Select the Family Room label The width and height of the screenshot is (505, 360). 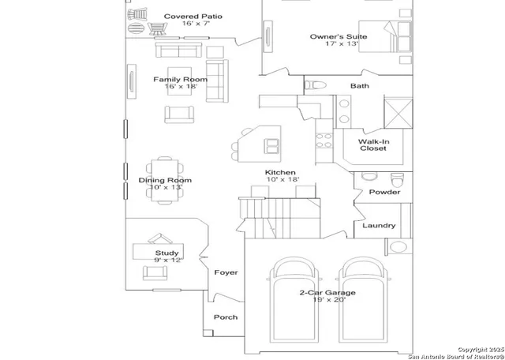coord(180,80)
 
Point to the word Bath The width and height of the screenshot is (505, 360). coord(360,86)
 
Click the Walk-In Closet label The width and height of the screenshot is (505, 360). coord(374,144)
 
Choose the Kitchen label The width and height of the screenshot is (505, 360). coord(280,172)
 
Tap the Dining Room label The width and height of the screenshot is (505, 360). coord(165,181)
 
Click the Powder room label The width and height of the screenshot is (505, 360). coord(384,192)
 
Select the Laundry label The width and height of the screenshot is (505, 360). coord(379,226)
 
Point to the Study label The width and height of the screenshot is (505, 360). coord(166,253)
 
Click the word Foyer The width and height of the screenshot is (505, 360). coord(226,272)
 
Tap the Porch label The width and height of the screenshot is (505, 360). coord(226,317)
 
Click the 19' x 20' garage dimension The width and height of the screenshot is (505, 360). coord(327,301)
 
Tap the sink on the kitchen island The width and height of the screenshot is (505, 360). coord(271,144)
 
